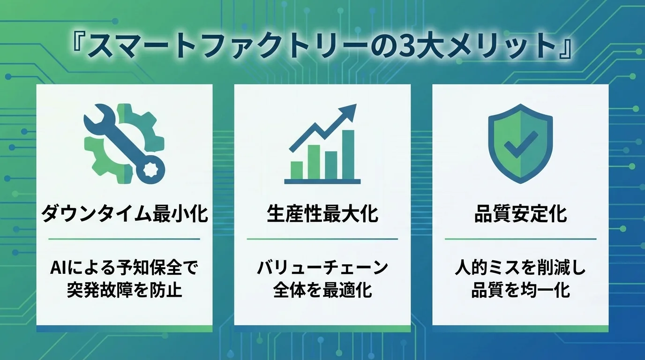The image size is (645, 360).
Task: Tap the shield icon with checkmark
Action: coord(520,143)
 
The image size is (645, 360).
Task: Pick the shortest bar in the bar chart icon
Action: coord(297,170)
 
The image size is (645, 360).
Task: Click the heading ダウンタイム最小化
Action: coord(125,215)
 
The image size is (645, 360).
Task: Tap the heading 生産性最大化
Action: coord(322,215)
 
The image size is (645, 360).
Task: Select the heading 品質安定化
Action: coord(520,215)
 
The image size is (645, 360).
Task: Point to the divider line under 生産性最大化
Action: coord(322,239)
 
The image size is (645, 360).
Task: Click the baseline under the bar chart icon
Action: coord(322,181)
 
